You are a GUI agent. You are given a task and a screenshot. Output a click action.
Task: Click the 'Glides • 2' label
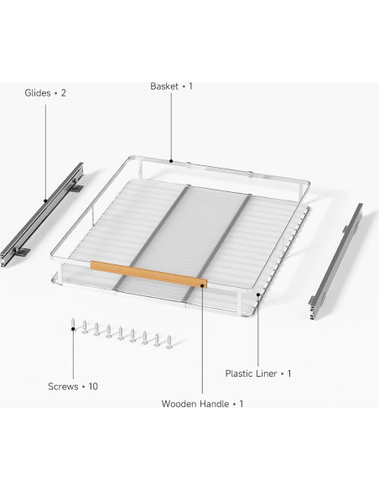click(x=45, y=93)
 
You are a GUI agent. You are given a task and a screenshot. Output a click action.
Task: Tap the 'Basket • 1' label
click(x=171, y=86)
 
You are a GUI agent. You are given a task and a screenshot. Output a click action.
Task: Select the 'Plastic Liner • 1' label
click(x=257, y=373)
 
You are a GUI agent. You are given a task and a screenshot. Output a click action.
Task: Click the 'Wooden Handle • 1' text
click(x=202, y=404)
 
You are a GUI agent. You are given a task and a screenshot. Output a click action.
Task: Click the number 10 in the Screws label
click(x=95, y=387)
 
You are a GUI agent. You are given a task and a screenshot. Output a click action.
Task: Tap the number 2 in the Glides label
click(x=63, y=93)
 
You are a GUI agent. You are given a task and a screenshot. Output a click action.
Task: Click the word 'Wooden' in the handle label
click(x=180, y=404)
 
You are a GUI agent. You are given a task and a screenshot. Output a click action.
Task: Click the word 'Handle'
click(x=215, y=404)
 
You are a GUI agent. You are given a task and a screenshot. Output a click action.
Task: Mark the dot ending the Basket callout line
click(x=171, y=159)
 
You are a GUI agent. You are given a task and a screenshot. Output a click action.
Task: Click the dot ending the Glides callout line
click(x=45, y=201)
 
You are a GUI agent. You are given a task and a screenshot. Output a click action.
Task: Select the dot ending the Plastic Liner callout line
click(x=257, y=295)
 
